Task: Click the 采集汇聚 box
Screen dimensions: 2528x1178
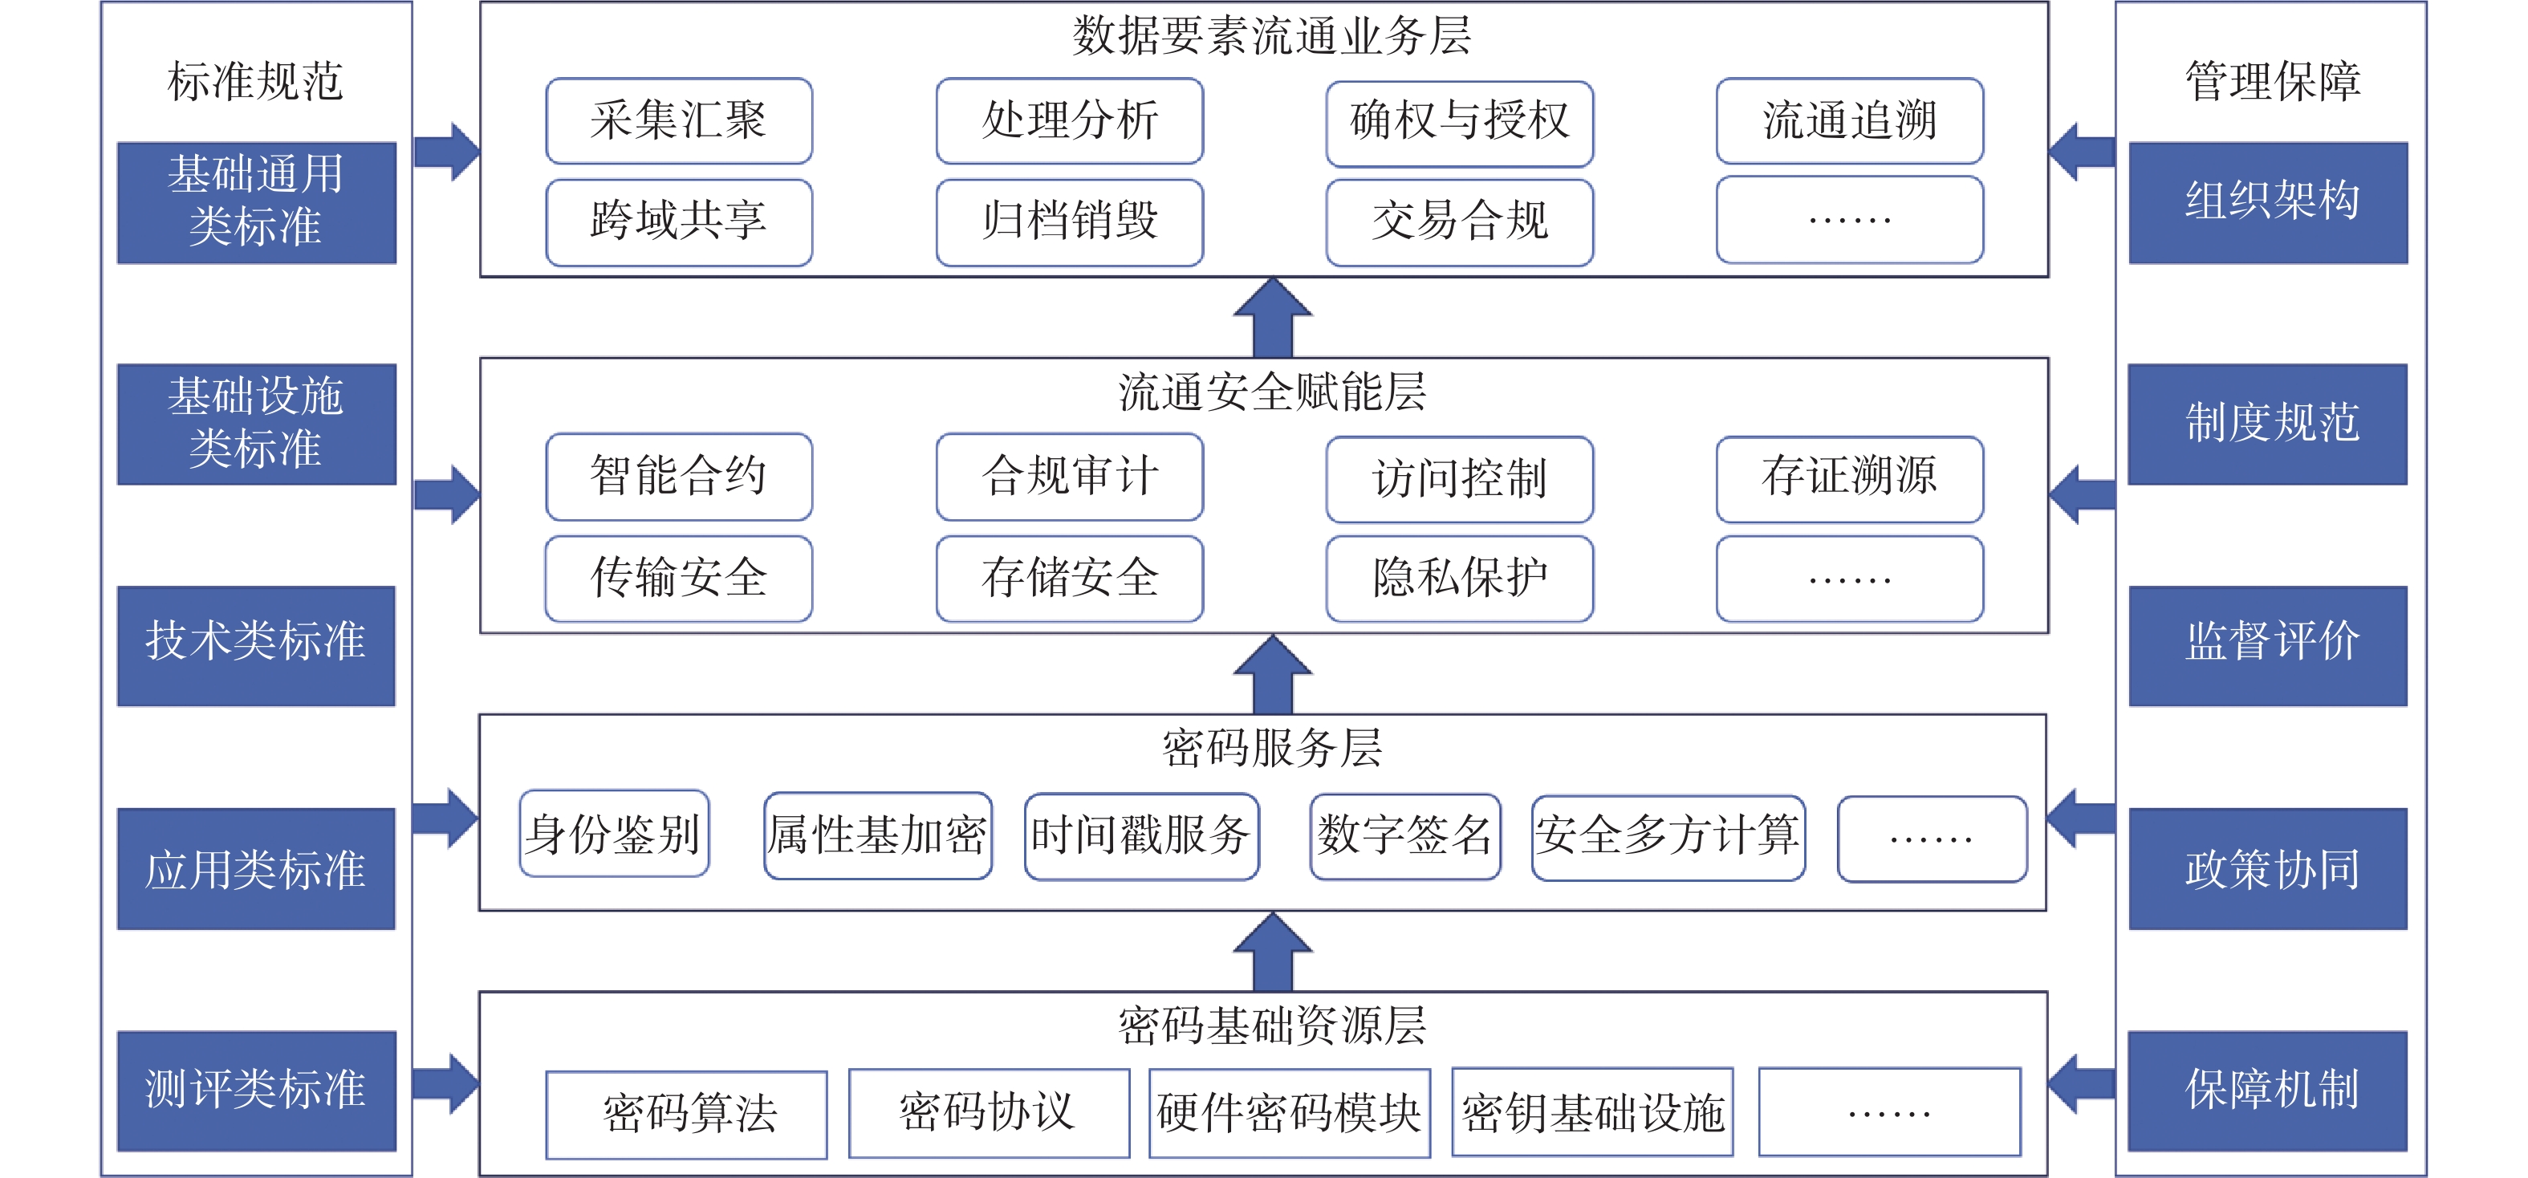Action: point(679,120)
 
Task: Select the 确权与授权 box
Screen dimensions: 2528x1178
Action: point(1459,123)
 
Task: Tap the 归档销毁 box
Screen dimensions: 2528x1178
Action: point(1070,221)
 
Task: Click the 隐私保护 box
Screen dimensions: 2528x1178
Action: point(1459,579)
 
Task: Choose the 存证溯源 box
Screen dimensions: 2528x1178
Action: point(1850,479)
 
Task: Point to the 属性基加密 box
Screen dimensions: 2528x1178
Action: point(878,835)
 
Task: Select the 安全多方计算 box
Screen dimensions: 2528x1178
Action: point(1668,838)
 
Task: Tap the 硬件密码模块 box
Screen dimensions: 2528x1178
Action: point(1290,1112)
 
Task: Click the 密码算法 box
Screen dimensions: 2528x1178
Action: point(687,1114)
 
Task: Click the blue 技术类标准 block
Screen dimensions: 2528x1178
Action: point(256,646)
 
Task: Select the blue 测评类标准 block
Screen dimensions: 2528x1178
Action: point(256,1091)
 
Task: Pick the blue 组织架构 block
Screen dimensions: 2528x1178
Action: point(2268,203)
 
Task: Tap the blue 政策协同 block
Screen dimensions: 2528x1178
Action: point(2268,869)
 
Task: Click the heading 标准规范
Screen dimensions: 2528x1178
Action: point(255,80)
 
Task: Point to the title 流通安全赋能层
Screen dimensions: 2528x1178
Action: point(1272,392)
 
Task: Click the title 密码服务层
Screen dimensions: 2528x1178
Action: point(1272,748)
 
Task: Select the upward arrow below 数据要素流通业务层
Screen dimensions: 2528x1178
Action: point(1273,317)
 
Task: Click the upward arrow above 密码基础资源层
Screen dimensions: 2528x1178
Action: point(1273,953)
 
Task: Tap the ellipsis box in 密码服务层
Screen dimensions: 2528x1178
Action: point(1933,839)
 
